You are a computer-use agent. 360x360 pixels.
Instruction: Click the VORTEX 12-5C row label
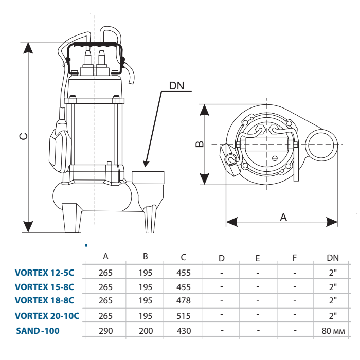coord(44,273)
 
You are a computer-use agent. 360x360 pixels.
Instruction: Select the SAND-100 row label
coord(38,331)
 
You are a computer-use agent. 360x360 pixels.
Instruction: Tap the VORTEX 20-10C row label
coord(47,316)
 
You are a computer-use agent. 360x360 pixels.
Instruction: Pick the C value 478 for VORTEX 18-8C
coord(184,300)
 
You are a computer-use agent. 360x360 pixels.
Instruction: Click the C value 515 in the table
coord(184,316)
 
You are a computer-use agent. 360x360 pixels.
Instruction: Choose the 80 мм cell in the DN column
coord(333,331)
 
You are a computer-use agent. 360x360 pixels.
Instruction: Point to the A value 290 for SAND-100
coord(106,331)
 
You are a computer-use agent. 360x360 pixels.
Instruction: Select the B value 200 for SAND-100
coord(146,331)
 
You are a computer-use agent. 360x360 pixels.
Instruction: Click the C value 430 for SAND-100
coord(184,331)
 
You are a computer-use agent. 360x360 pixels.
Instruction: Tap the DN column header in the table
coord(333,258)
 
